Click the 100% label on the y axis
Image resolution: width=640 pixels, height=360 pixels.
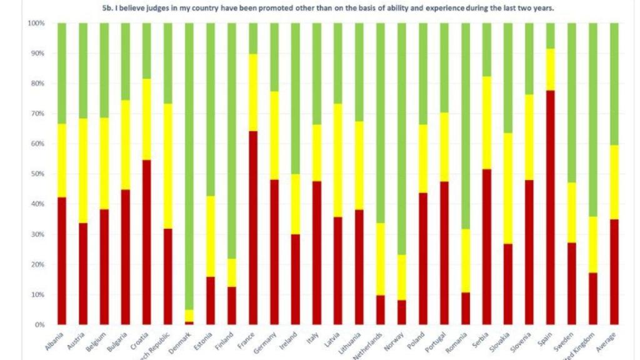pyautogui.click(x=35, y=23)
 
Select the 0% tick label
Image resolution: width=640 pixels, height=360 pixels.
pyautogui.click(x=38, y=325)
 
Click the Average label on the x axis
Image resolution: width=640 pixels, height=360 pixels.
pyautogui.click(x=607, y=342)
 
